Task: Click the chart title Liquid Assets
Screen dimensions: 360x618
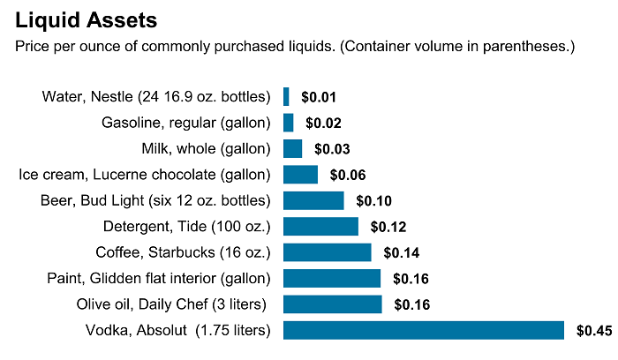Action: (87, 19)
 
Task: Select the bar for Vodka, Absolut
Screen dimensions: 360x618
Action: (423, 331)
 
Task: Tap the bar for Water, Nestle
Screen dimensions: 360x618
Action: (286, 96)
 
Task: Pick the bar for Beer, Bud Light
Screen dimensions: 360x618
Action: (313, 200)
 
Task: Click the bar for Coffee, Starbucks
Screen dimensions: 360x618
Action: (327, 252)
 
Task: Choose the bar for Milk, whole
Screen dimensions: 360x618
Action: (292, 148)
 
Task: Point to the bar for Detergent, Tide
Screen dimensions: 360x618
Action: (320, 227)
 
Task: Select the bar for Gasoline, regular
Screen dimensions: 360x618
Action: (288, 123)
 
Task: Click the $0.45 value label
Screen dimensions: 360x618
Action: (593, 332)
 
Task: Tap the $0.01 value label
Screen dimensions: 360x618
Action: (318, 97)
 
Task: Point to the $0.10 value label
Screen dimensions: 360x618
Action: (373, 201)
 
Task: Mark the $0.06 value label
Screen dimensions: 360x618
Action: (347, 175)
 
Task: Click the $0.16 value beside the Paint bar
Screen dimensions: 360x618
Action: (410, 280)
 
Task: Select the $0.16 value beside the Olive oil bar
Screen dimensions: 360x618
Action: (411, 305)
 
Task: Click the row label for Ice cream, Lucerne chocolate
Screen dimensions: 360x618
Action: (145, 175)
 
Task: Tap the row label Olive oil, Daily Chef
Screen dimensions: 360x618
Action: (172, 304)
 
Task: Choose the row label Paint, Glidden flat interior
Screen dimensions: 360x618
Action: (159, 279)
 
